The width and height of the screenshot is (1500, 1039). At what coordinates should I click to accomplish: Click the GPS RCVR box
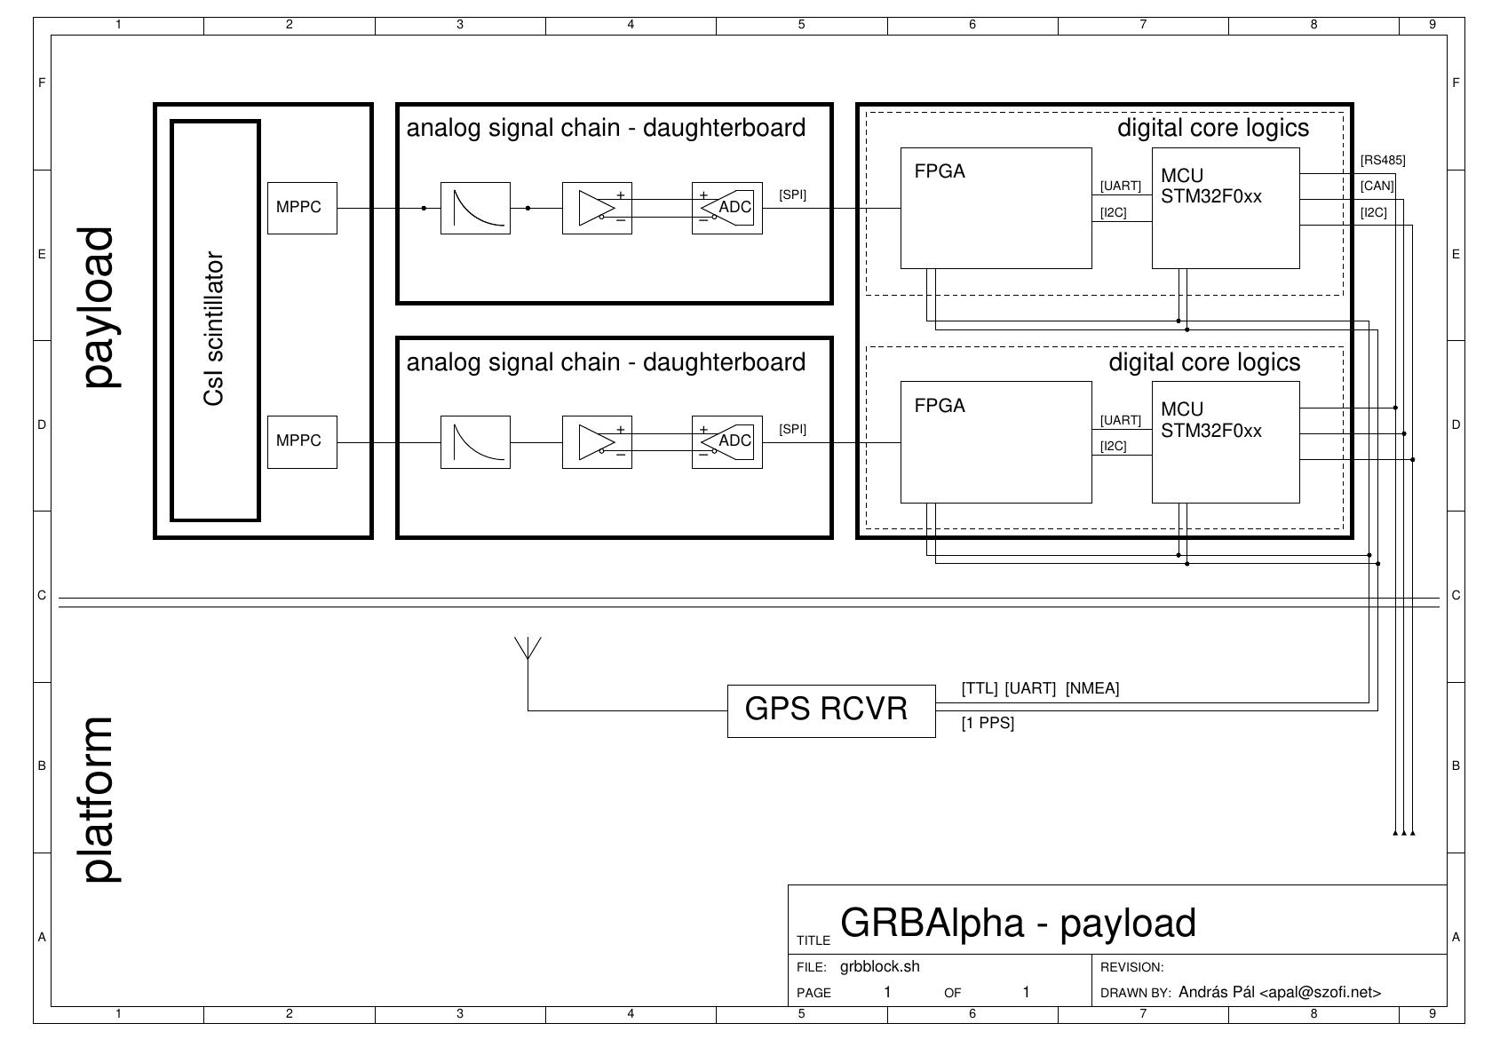[830, 710]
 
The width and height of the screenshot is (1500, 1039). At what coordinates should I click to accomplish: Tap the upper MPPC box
[302, 208]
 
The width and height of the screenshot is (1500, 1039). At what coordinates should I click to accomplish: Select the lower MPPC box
[302, 441]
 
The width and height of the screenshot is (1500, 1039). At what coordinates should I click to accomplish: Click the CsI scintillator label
[214, 329]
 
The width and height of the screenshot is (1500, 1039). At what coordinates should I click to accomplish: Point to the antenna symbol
[528, 648]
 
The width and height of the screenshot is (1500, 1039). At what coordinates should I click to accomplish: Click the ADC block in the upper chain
[727, 208]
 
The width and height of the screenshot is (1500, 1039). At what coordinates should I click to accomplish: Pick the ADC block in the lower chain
[727, 441]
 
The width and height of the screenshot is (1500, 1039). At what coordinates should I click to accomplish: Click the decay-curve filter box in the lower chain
[475, 441]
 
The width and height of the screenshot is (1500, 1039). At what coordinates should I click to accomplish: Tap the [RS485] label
[1383, 161]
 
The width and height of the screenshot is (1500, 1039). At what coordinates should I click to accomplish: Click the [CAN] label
[1377, 186]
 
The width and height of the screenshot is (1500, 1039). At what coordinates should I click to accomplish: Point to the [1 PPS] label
[988, 724]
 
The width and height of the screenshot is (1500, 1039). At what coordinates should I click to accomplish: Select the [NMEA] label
[1092, 688]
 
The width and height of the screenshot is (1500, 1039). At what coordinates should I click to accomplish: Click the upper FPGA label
[940, 171]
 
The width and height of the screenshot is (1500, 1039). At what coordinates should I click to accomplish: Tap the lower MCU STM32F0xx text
[1210, 421]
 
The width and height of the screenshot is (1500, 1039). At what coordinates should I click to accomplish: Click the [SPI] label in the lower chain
[793, 430]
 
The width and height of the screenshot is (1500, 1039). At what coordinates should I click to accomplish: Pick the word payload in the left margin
[99, 307]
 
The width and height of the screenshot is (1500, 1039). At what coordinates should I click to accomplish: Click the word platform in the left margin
[99, 799]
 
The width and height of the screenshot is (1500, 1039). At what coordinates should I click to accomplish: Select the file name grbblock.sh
[880, 967]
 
